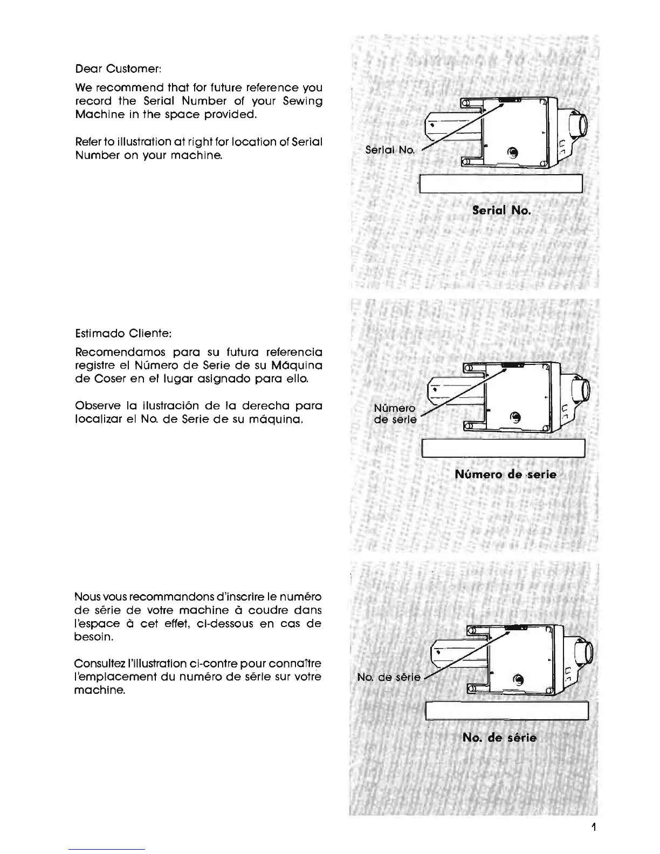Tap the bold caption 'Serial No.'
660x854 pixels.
pyautogui.click(x=501, y=210)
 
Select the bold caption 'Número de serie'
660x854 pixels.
pyautogui.click(x=505, y=474)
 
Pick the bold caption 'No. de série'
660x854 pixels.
pyautogui.click(x=499, y=738)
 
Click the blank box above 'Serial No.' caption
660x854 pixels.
pyautogui.click(x=501, y=184)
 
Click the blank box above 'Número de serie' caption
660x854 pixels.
pyautogui.click(x=504, y=448)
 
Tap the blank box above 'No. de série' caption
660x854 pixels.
pyautogui.click(x=507, y=711)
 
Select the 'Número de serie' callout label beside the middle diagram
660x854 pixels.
pyautogui.click(x=395, y=414)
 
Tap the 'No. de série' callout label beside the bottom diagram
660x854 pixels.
pyautogui.click(x=388, y=678)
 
